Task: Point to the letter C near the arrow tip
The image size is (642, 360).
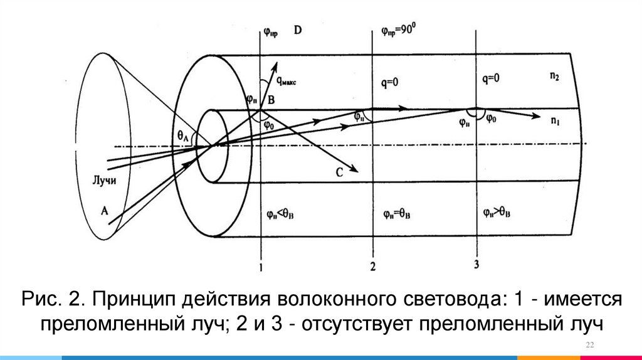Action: coord(339,174)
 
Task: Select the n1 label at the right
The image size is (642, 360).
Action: coord(555,122)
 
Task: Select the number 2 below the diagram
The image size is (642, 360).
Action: coord(372,267)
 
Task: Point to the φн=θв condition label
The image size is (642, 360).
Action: coord(397,214)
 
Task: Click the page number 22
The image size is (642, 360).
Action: coord(589,347)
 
